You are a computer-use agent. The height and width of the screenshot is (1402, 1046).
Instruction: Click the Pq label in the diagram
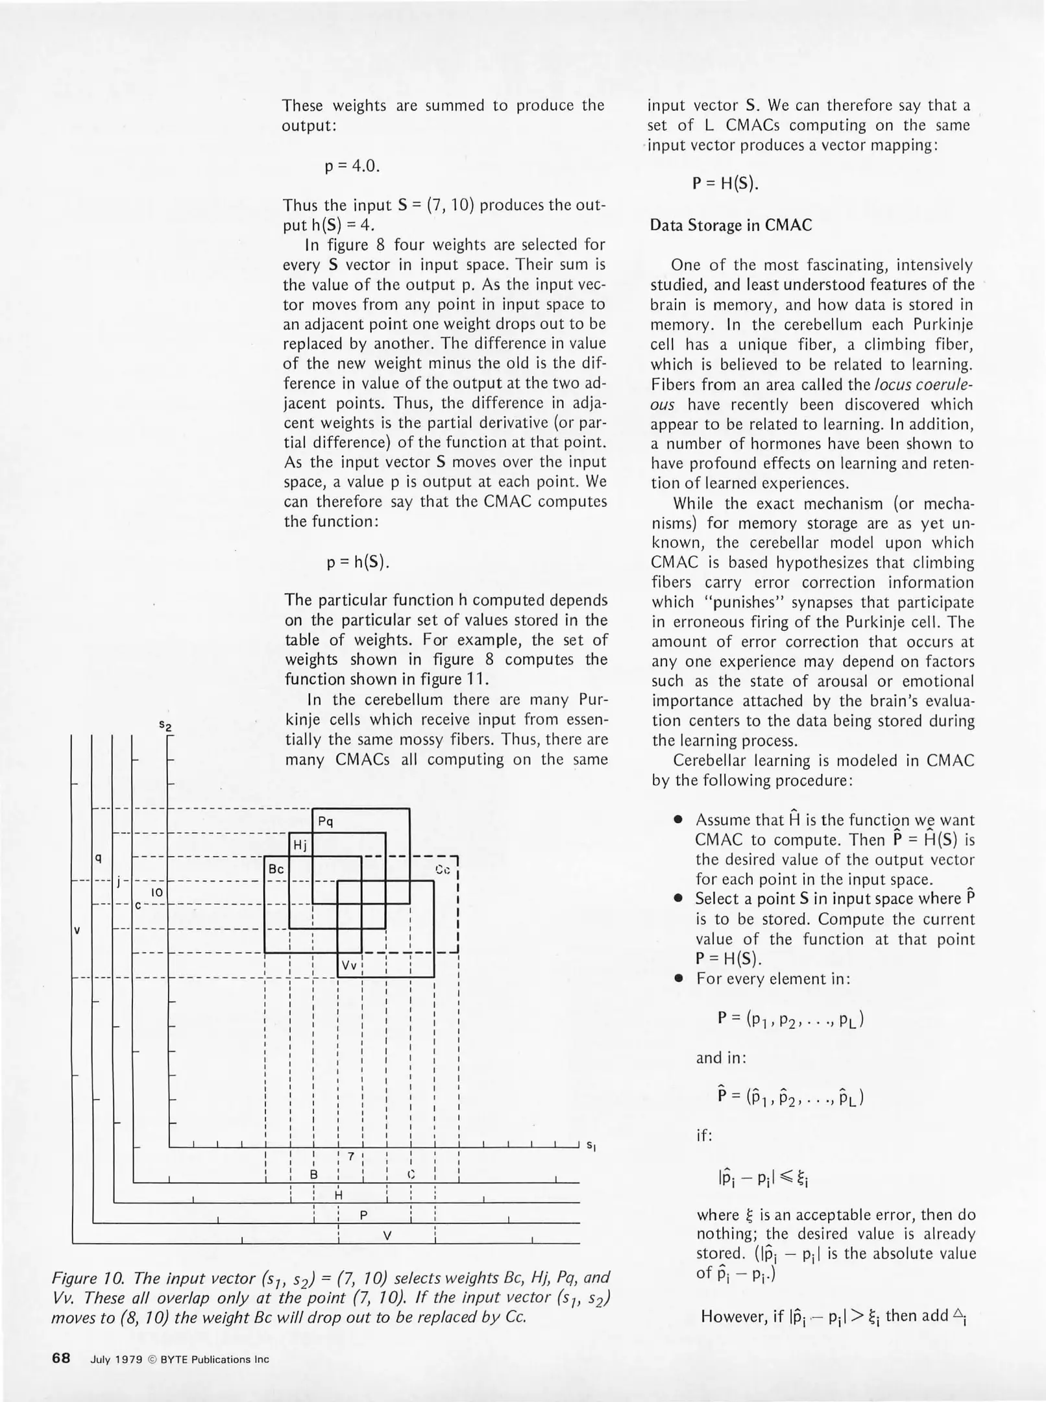(x=326, y=821)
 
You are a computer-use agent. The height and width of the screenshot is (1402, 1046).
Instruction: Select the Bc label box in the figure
(x=276, y=868)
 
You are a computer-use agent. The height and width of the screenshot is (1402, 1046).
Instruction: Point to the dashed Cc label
(x=443, y=869)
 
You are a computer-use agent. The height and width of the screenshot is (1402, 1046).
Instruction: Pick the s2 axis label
(x=166, y=725)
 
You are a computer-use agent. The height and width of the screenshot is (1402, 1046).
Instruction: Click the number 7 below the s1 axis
(x=350, y=1156)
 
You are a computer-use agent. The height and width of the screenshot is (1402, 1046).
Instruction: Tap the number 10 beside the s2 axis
(x=156, y=892)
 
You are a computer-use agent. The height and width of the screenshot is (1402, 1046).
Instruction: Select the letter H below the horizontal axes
(x=338, y=1195)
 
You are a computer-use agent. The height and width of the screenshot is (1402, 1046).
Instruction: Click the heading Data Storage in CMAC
(x=731, y=225)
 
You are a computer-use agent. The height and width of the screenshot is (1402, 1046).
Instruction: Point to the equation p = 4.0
(x=352, y=166)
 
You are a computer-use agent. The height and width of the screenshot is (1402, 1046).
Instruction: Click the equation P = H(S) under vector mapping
(x=725, y=184)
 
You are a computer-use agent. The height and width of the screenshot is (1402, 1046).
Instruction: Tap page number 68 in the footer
(x=61, y=1358)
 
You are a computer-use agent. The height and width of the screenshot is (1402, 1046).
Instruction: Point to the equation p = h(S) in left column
(x=358, y=561)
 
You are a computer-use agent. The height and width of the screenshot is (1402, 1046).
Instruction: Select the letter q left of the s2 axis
(x=99, y=858)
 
